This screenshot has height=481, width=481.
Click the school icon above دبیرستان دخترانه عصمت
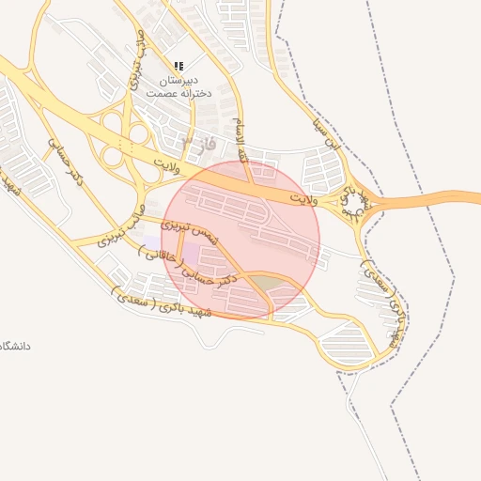(x=178, y=66)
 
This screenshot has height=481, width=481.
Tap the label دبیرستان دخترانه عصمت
(x=178, y=87)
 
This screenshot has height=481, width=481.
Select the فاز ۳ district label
(x=197, y=144)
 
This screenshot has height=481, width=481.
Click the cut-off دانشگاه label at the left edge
(x=15, y=346)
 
